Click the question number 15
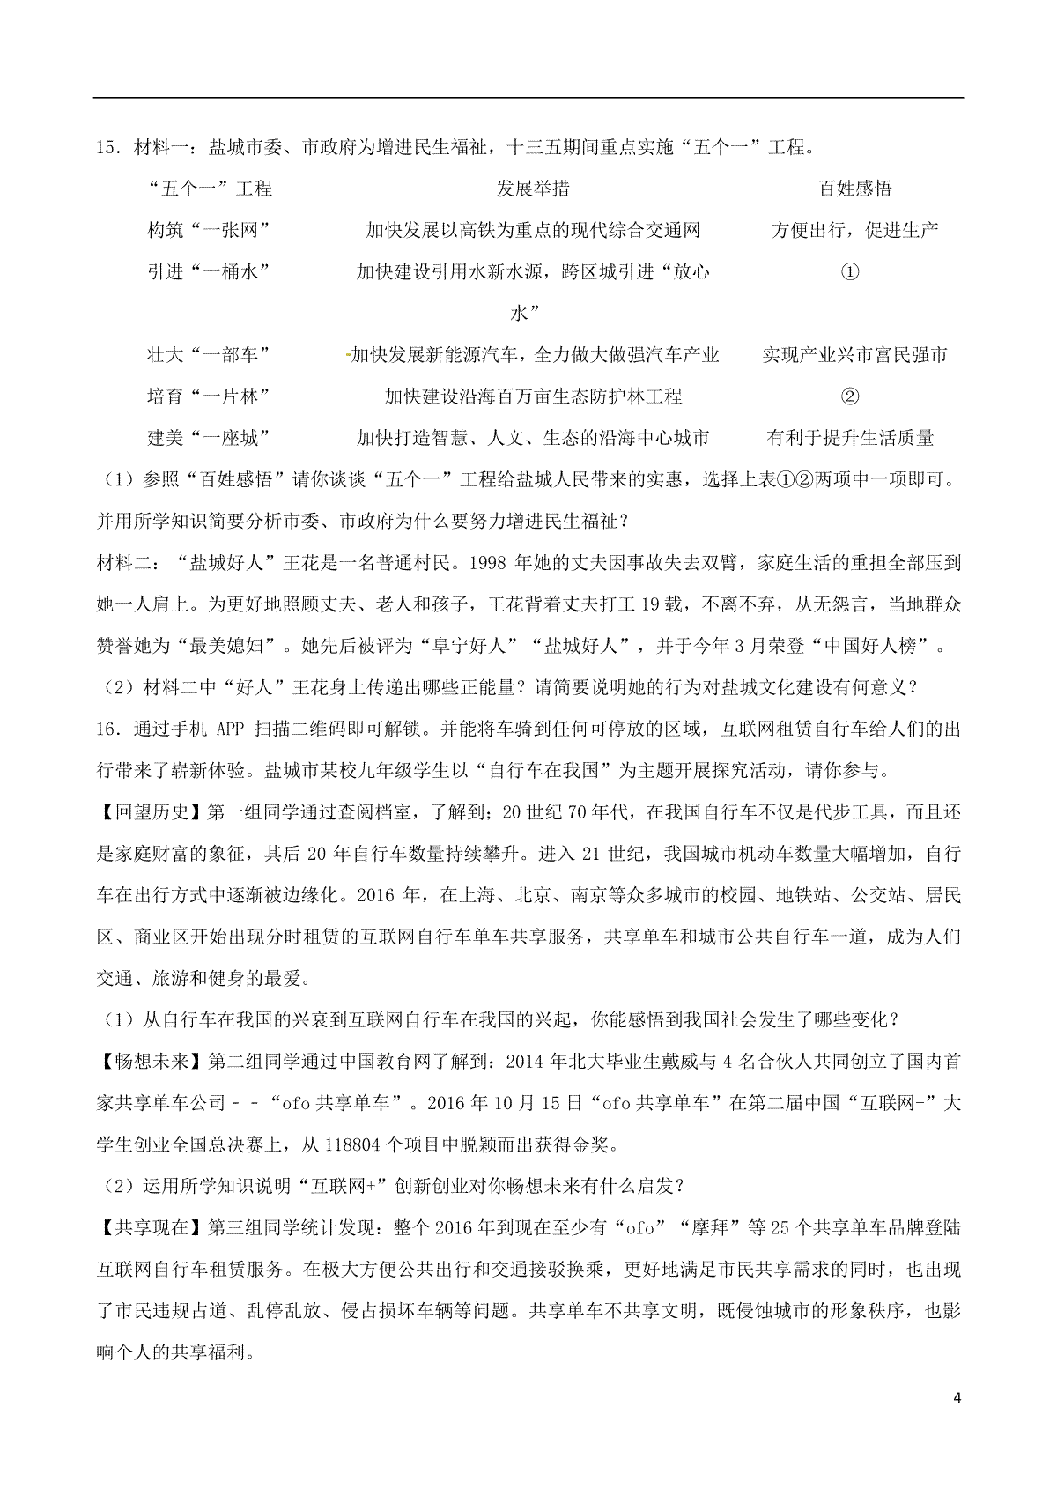click(x=108, y=147)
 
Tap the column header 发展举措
click(x=533, y=189)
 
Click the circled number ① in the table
click(x=850, y=271)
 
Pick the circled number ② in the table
click(x=850, y=396)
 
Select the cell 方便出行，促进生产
click(x=854, y=230)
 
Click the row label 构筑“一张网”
click(x=208, y=230)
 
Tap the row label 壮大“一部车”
click(x=208, y=355)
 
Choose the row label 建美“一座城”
click(x=208, y=438)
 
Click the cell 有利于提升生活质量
click(x=851, y=438)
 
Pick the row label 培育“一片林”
click(x=208, y=396)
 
